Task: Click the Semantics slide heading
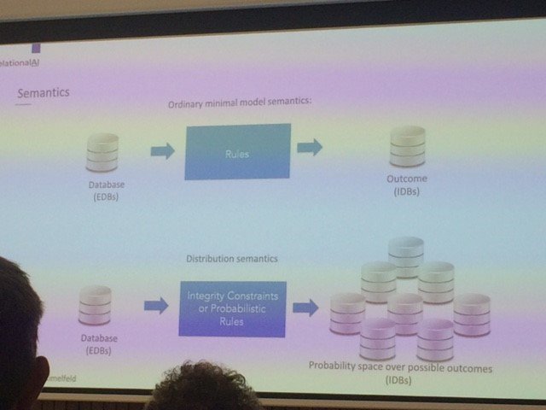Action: click(x=44, y=91)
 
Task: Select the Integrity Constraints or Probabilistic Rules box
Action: click(x=233, y=307)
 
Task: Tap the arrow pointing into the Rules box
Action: click(x=162, y=151)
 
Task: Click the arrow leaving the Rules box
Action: click(x=309, y=147)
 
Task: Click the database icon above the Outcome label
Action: click(x=407, y=147)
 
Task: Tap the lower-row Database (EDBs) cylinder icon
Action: click(x=94, y=305)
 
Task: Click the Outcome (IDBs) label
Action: click(x=406, y=185)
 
